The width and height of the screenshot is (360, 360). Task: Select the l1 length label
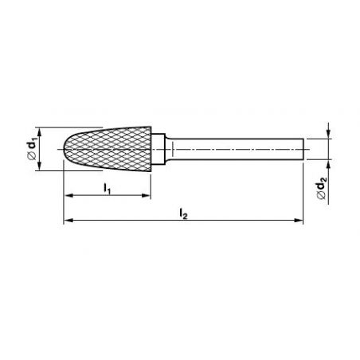tap(107, 189)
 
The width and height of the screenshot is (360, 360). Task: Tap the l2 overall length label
tap(183, 213)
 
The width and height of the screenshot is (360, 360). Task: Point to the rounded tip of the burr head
tap(65, 149)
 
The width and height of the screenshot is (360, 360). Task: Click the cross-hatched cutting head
tap(108, 149)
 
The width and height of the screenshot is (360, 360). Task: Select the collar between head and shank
tap(158, 149)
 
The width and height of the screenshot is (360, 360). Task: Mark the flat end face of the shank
tap(303, 149)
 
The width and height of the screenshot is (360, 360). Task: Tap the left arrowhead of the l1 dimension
tap(68, 196)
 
